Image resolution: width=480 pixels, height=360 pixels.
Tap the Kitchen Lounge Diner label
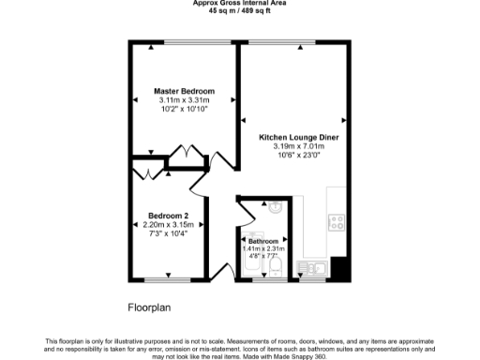298,137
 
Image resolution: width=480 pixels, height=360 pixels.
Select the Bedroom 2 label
169,215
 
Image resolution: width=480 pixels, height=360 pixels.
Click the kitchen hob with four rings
336,222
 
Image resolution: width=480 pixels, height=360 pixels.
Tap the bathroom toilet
276,270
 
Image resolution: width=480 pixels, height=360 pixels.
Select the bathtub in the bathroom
250,270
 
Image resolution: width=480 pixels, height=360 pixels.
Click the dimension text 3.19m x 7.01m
298,146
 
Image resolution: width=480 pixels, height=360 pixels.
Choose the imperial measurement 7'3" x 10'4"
169,233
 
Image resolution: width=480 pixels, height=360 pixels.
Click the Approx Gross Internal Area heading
239,3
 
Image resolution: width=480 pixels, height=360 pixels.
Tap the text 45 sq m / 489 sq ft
239,11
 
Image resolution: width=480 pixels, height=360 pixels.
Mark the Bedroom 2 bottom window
169,279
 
